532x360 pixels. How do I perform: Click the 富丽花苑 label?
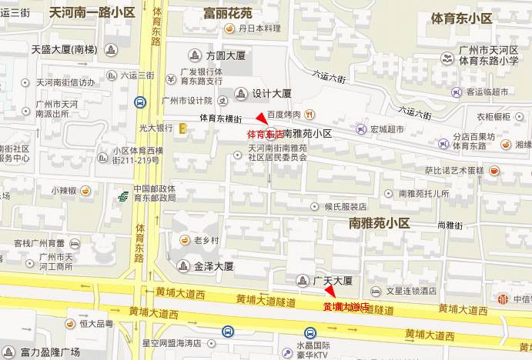coord(227,13)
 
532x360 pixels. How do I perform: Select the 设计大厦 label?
coord(272,93)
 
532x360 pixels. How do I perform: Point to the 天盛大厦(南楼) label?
coord(65,50)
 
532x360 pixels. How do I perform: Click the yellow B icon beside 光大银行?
coord(184,128)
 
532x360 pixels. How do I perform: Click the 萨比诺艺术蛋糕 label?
coord(454,170)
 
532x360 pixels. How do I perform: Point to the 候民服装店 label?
coord(345,207)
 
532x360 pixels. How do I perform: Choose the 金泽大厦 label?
coord(213,266)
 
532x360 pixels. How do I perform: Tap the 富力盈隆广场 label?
coord(50,352)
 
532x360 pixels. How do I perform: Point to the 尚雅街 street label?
coord(449,225)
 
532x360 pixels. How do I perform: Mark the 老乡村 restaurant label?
coord(206,240)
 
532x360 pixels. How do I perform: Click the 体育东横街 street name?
coord(221,118)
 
